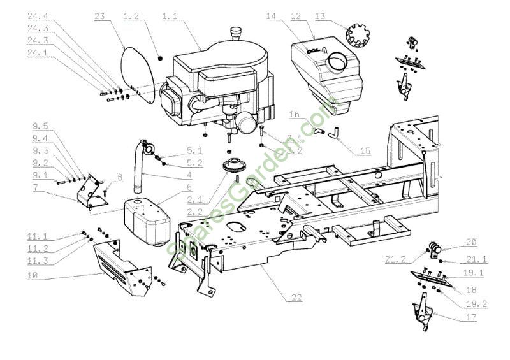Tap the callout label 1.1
[170, 16]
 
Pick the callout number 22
[296, 298]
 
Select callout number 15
[365, 151]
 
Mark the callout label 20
[470, 241]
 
